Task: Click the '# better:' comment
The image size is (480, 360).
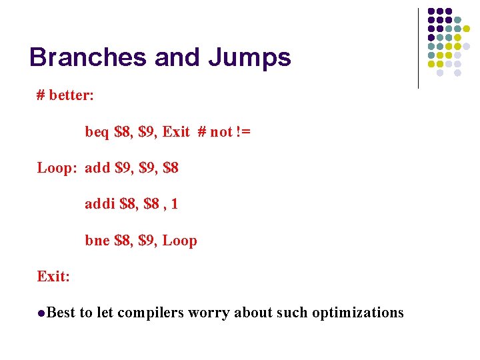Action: (65, 95)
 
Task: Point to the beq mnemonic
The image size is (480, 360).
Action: (97, 132)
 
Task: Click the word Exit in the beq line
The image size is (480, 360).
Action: (176, 131)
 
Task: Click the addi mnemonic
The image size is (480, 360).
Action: (99, 204)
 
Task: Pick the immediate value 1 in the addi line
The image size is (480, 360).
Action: (174, 204)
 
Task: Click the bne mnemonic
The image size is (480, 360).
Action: (97, 241)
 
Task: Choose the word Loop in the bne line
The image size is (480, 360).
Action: (180, 241)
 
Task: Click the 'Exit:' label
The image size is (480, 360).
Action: (53, 276)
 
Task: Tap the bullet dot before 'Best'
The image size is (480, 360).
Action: (41, 313)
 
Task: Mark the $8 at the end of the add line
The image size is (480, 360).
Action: (170, 168)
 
